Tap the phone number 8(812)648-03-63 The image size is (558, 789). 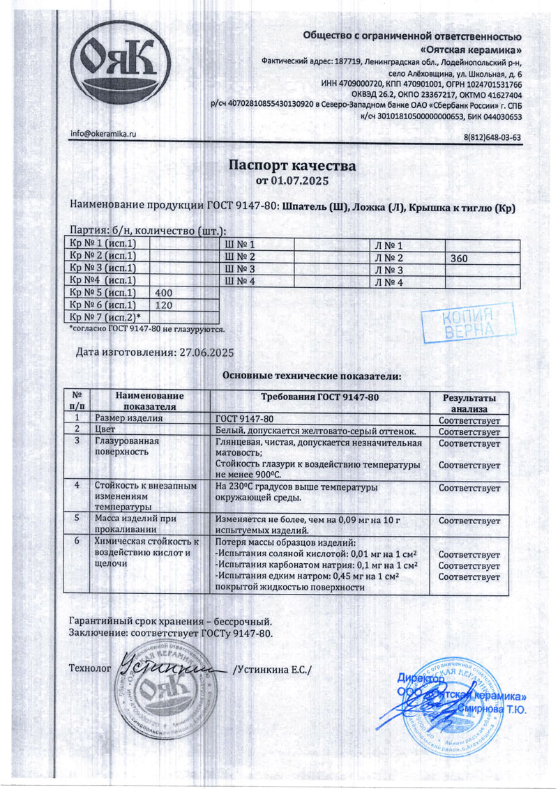[492, 137]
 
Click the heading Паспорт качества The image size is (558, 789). [293, 167]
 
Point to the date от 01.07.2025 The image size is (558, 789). [293, 181]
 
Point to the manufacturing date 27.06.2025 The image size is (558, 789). [206, 352]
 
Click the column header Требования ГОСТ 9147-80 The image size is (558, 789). [320, 397]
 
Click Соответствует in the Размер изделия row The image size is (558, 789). [469, 420]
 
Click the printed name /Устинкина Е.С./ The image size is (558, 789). [273, 670]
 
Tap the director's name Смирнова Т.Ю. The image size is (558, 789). [496, 710]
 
